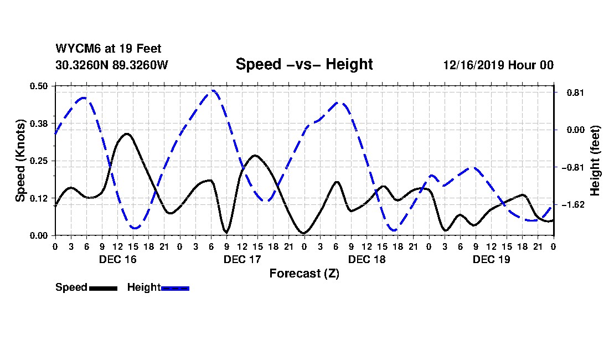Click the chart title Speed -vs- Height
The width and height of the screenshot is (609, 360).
pos(304,64)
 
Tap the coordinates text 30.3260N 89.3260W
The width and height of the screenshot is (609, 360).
pos(111,65)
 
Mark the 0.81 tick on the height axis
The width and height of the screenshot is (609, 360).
pos(571,92)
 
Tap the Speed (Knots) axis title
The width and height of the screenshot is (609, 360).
pos(20,161)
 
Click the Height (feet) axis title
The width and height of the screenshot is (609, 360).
pos(595,161)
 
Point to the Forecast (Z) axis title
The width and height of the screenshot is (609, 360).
pos(304,273)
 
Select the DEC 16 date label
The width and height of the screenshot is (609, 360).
pos(117,259)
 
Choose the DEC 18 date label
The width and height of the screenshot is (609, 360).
pos(367,259)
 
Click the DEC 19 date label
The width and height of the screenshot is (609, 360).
pos(491,259)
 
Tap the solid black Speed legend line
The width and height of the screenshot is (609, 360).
pos(102,288)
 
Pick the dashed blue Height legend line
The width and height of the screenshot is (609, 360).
pos(175,288)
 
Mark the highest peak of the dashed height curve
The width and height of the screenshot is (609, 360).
pos(213,90)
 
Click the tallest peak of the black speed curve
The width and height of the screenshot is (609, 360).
pos(127,133)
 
